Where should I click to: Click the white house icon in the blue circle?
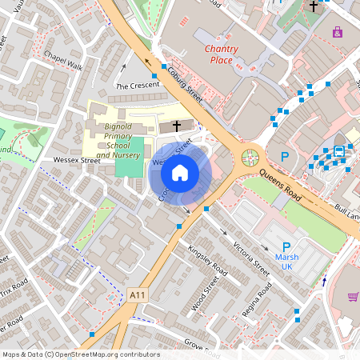pyautogui.click(x=180, y=172)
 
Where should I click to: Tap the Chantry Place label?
pyautogui.click(x=218, y=54)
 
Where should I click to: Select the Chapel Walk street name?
pyautogui.click(x=63, y=62)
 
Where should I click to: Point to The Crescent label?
pyautogui.click(x=133, y=85)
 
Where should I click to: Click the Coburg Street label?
pyautogui.click(x=186, y=83)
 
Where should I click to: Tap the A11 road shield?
pyautogui.click(x=137, y=296)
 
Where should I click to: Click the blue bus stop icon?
pyautogui.click(x=339, y=150)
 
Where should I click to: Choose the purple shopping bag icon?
pyautogui.click(x=338, y=32)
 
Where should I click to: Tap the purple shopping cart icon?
pyautogui.click(x=353, y=297)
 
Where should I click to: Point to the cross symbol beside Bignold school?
pyautogui.click(x=176, y=126)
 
